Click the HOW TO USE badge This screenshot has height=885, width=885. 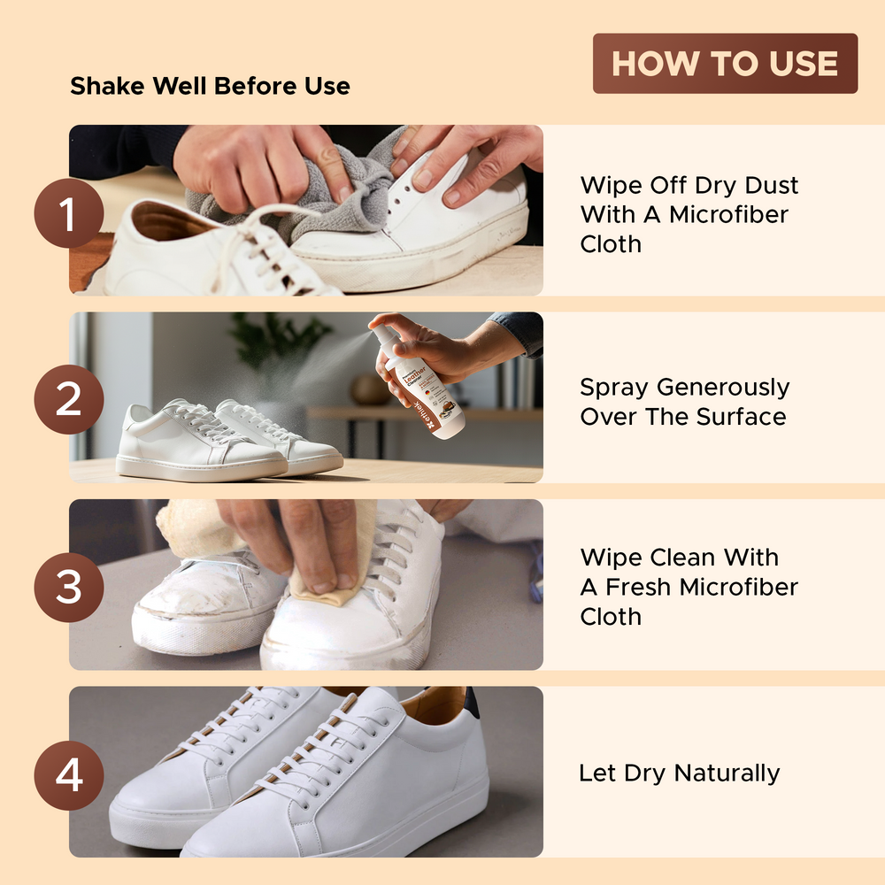725,64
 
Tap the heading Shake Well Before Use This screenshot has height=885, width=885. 210,86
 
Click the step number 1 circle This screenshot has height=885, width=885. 69,212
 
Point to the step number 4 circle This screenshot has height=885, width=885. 69,774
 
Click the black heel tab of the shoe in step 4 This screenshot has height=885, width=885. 472,701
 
